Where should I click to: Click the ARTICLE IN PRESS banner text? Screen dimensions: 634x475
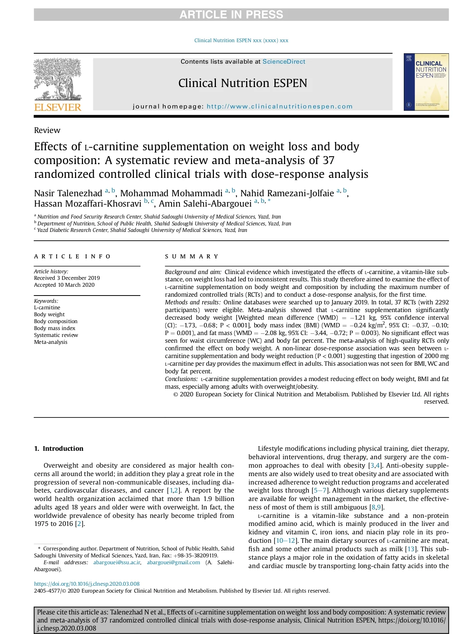231,15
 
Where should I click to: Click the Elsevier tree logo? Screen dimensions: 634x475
57,80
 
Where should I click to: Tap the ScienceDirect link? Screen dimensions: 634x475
284,62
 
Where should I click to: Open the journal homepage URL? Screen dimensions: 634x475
279,107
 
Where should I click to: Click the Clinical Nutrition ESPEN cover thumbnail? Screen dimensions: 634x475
426,82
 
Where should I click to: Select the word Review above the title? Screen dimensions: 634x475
47,130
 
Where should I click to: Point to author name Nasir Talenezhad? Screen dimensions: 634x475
68,193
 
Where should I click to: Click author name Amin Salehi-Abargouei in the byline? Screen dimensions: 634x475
205,204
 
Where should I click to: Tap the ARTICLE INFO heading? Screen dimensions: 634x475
72,256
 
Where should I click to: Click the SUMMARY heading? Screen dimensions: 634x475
192,256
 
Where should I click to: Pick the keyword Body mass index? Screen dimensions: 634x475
55,328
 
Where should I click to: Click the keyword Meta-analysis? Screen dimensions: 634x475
51,342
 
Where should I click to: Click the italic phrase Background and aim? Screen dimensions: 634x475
193,272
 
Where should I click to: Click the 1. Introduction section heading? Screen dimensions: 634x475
59,448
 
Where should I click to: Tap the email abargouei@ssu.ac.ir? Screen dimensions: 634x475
117,562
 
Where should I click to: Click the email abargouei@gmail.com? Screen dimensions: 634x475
173,562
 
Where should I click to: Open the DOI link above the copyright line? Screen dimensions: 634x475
87,584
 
